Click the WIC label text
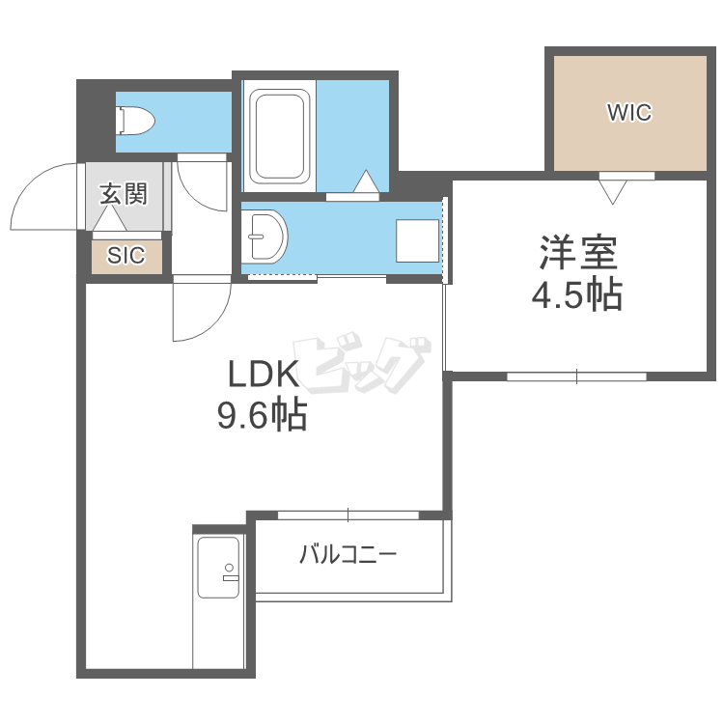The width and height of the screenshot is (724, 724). [x=629, y=112]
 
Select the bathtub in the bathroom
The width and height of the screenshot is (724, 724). [x=279, y=136]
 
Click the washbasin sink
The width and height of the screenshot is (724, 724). [x=265, y=237]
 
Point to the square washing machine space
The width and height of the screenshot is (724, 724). [x=417, y=240]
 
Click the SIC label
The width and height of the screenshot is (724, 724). [x=126, y=255]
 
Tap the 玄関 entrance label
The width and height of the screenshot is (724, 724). [x=124, y=193]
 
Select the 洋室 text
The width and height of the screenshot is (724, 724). [x=578, y=253]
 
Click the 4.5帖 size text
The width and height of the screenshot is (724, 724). [x=577, y=294]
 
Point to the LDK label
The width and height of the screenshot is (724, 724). [x=264, y=374]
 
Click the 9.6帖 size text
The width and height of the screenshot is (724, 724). [x=262, y=415]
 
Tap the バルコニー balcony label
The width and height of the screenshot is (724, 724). [x=348, y=554]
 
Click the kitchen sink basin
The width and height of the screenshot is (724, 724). [x=218, y=567]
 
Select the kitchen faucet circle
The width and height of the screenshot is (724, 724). [x=229, y=568]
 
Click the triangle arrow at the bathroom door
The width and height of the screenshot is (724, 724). [x=366, y=181]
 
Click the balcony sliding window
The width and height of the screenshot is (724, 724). [x=348, y=515]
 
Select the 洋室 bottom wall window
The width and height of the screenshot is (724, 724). [x=576, y=376]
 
